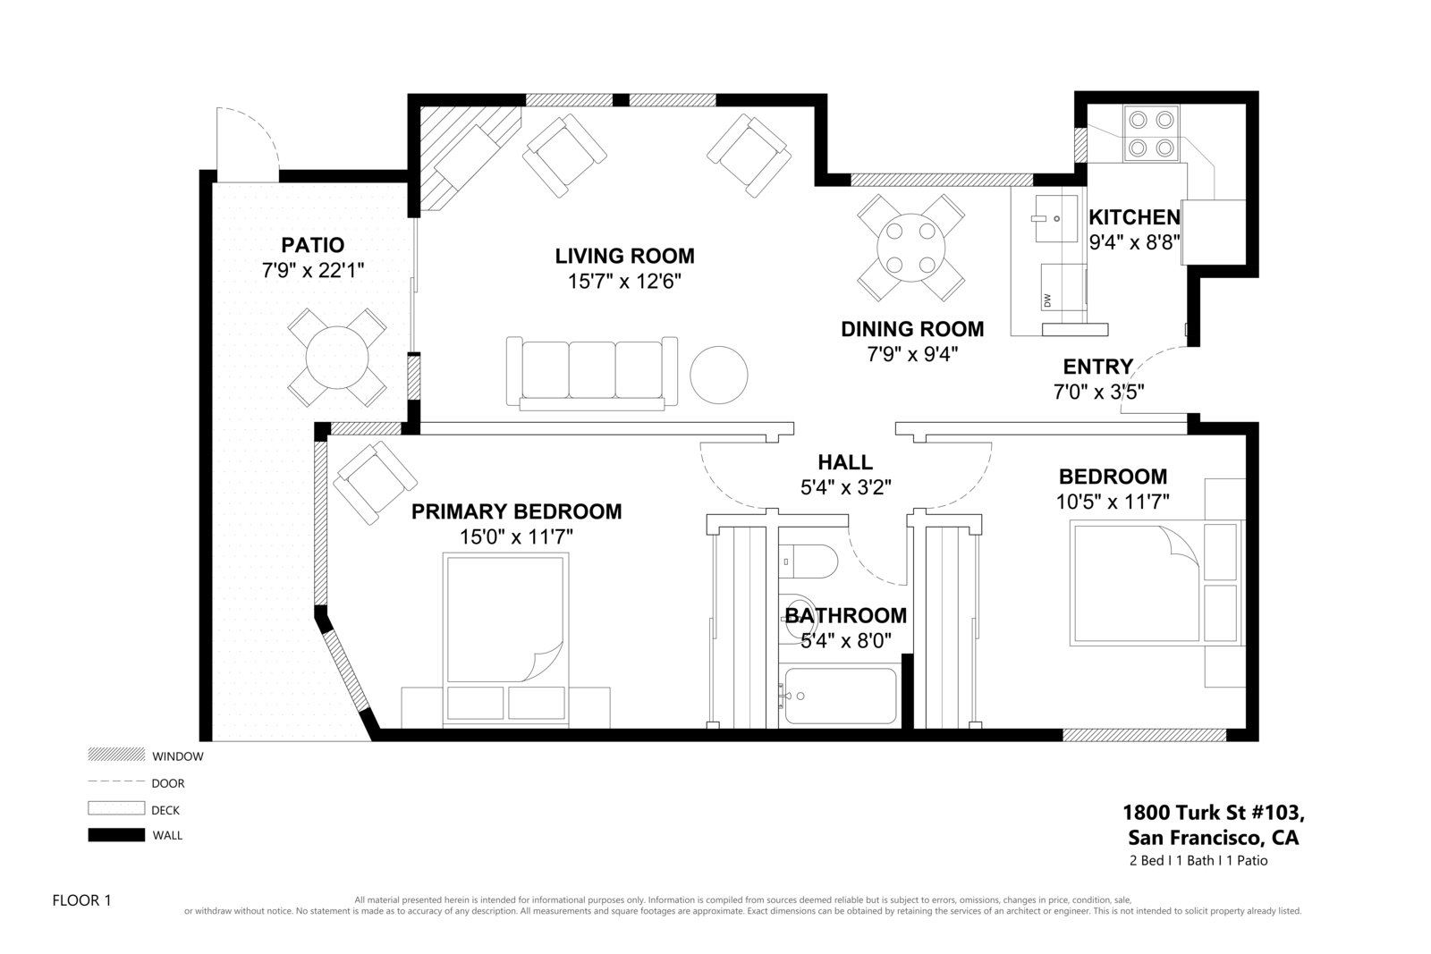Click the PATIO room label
[312, 245]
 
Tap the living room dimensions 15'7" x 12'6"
[624, 281]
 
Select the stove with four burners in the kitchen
[1151, 134]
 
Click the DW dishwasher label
[1047, 300]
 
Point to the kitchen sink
[1056, 219]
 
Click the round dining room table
[911, 248]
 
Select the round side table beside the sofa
[719, 375]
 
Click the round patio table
[336, 358]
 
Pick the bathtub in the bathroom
[840, 696]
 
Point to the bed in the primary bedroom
[505, 638]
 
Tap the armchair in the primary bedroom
[375, 483]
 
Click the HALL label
[845, 462]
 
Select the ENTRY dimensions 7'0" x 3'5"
[1098, 392]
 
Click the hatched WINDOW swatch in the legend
[116, 754]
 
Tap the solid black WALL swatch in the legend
[116, 834]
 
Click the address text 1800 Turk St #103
[1213, 812]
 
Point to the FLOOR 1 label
[81, 900]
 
